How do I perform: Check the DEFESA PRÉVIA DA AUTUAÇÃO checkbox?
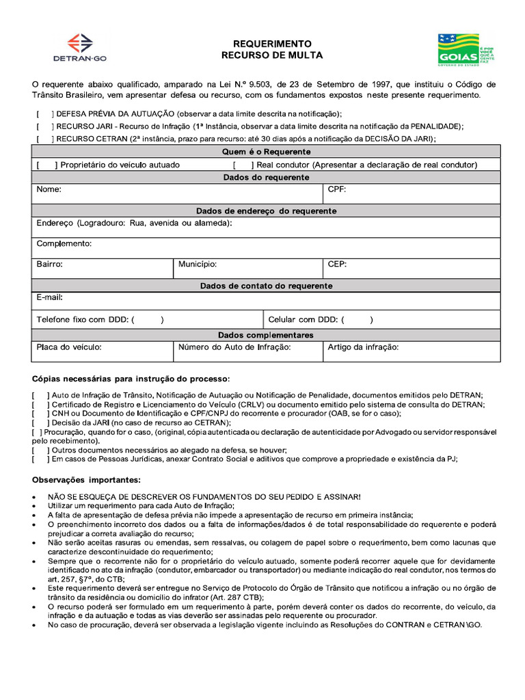(x=44, y=114)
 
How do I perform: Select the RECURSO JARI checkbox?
(x=44, y=126)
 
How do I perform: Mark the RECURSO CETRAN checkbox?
(x=44, y=139)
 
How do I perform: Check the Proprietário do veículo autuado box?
(x=46, y=165)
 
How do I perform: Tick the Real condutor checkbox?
(x=243, y=165)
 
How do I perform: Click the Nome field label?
(x=49, y=189)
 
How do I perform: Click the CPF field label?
(x=336, y=189)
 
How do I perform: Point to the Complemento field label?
(x=64, y=244)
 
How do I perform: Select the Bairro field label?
(x=49, y=264)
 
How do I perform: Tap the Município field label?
(x=198, y=264)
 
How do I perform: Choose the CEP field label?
(x=336, y=264)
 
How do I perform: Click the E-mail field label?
(x=50, y=298)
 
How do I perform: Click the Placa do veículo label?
(x=69, y=347)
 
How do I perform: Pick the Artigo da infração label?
(x=363, y=347)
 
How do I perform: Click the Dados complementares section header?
(x=266, y=335)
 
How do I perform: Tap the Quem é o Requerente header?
(x=266, y=152)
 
